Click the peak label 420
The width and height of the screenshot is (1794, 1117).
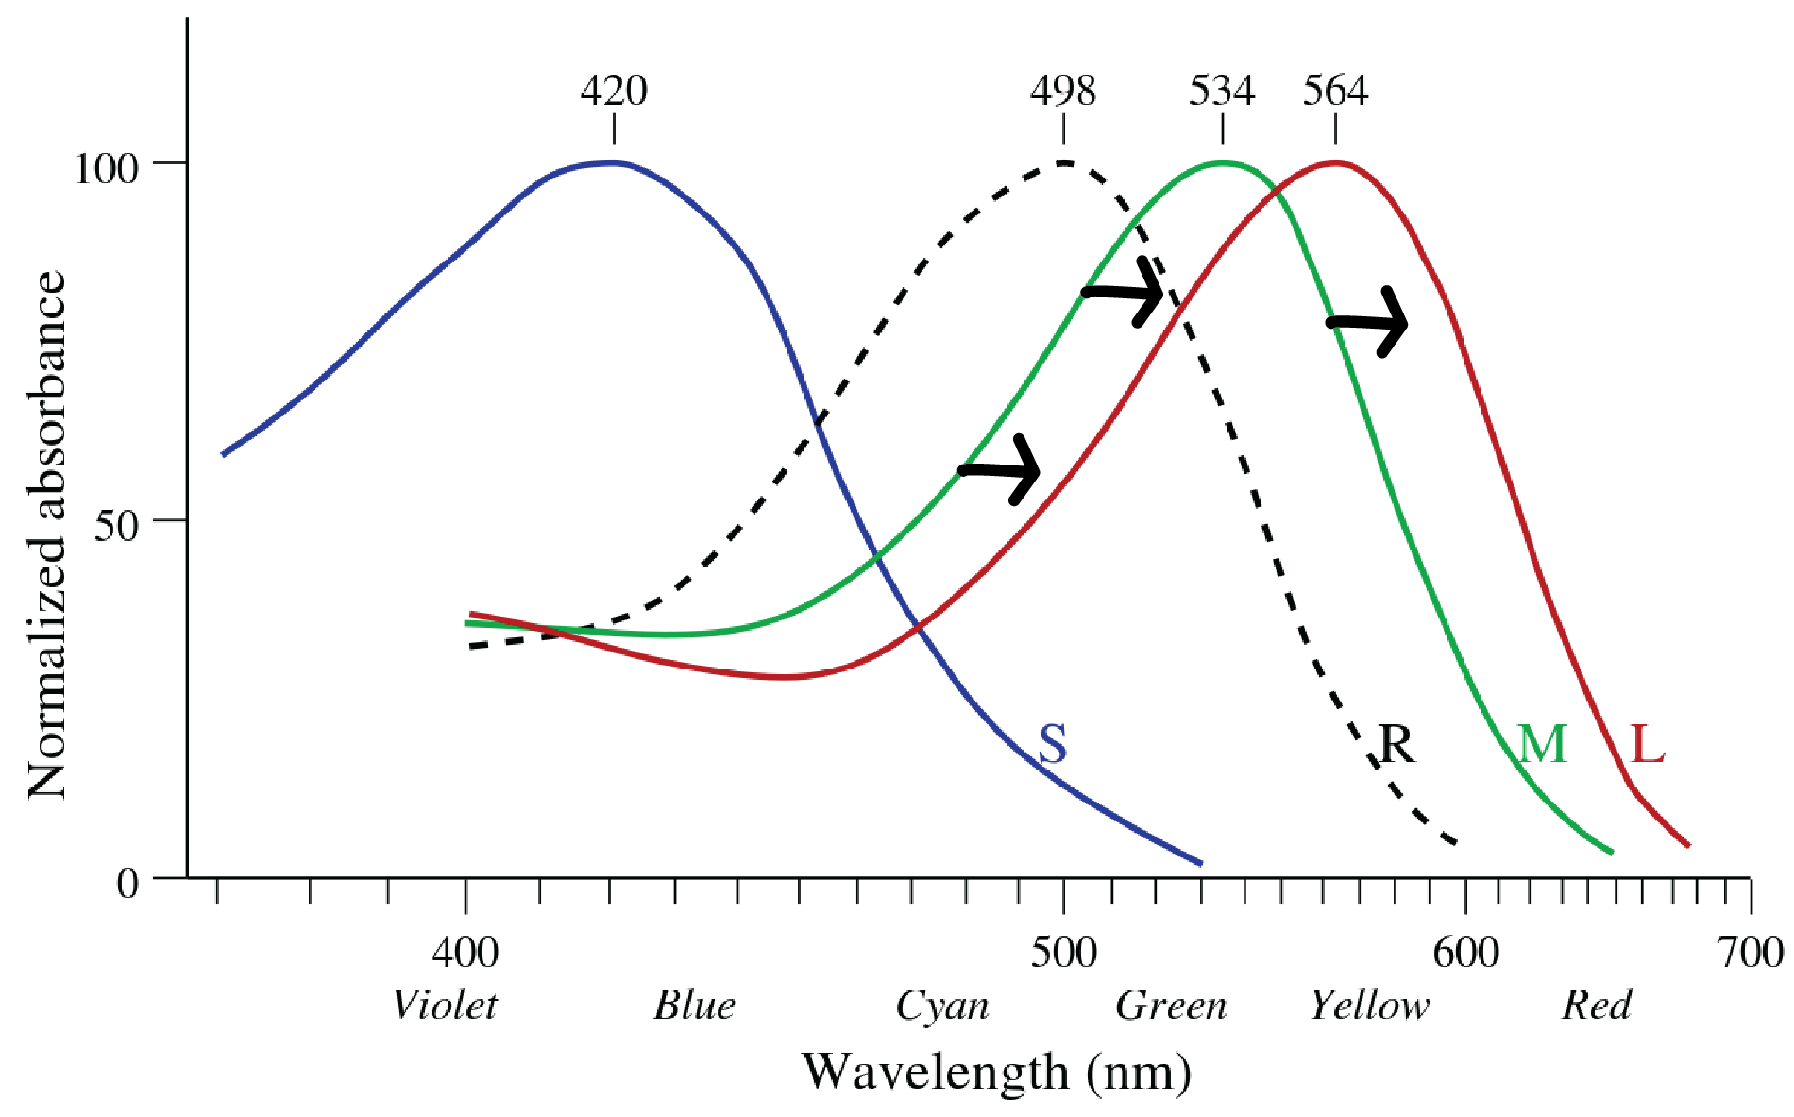click(x=614, y=92)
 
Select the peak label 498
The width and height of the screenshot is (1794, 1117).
click(x=1063, y=92)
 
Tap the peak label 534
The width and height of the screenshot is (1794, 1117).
click(x=1222, y=92)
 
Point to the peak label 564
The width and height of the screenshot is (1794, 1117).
click(x=1335, y=92)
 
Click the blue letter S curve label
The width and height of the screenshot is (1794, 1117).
click(x=1053, y=744)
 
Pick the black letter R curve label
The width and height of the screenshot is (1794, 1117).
click(x=1397, y=744)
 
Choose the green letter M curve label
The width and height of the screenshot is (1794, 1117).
click(x=1542, y=744)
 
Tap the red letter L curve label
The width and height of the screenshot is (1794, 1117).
click(x=1648, y=744)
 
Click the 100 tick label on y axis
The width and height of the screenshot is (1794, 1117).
click(x=106, y=169)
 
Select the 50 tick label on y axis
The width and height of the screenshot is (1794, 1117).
click(x=116, y=526)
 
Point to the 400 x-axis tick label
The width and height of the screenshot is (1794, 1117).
click(x=465, y=953)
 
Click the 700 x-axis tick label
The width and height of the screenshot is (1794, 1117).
click(x=1750, y=953)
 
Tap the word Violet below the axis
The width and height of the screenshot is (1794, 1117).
click(x=444, y=1006)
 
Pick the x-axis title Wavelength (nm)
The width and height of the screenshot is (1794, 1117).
click(x=996, y=1073)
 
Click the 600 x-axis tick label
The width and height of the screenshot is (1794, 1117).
click(x=1465, y=953)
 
